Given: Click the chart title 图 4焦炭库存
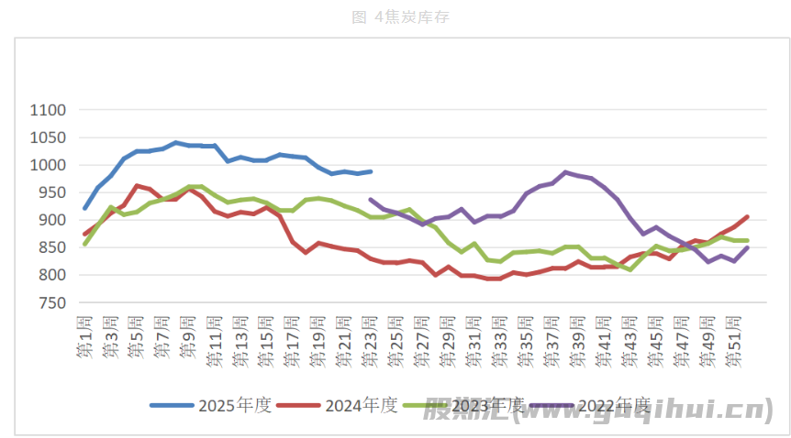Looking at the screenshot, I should coord(401,16).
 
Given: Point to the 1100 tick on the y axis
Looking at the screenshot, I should coord(48,110).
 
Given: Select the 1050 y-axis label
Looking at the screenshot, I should coord(48,137).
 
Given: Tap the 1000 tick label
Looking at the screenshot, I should coord(48,165).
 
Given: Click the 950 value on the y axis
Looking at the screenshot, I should coord(51,192).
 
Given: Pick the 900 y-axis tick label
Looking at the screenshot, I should coord(51,220).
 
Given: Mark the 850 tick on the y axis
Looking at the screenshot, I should coord(51,247).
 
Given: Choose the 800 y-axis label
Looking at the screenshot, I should coord(51,275).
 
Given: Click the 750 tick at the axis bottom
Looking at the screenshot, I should coord(51,302).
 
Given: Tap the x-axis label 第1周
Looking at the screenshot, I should coord(85,339).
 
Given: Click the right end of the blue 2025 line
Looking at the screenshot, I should coord(371,171).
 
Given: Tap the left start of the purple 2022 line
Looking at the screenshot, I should coord(371,199).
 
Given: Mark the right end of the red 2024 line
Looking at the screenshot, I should coord(747,217).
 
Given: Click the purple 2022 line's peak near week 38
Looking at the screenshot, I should coord(566,172).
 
